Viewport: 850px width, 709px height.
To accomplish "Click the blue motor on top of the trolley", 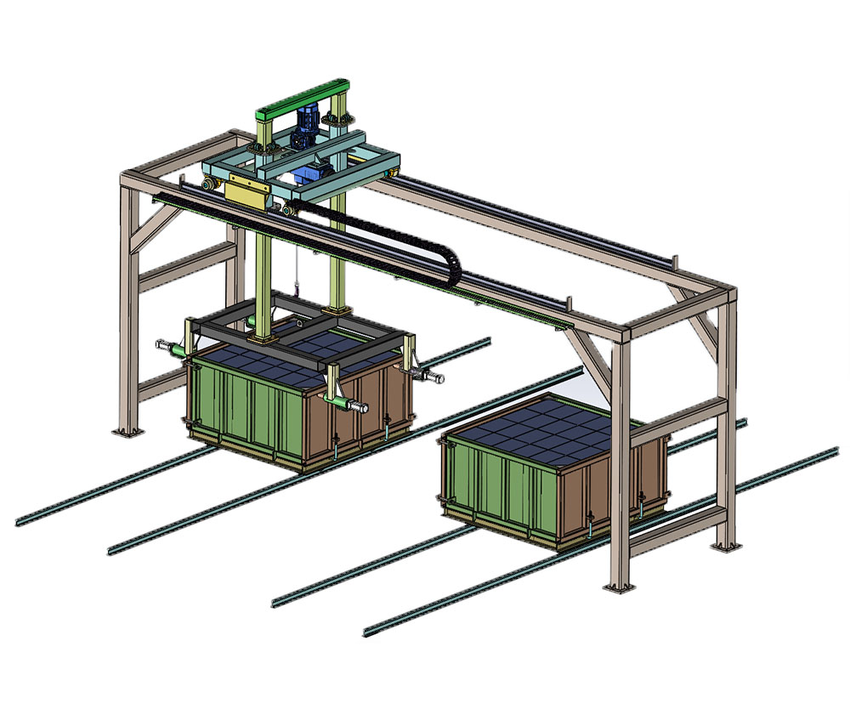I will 303,126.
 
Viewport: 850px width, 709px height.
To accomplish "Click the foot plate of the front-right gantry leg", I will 618,587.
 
